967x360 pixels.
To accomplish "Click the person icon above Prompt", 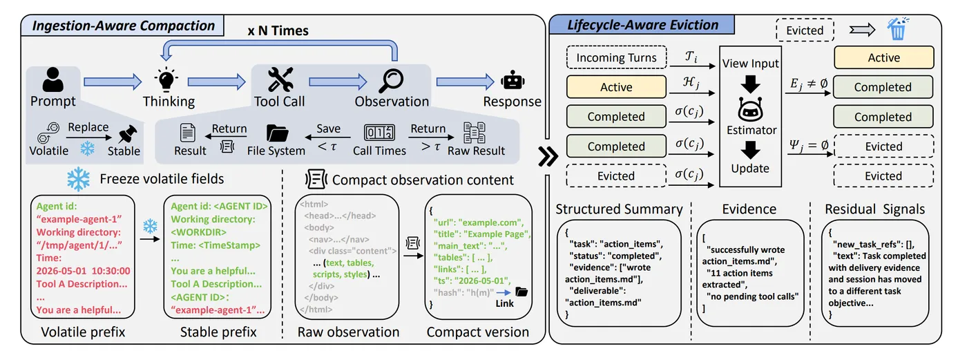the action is point(52,79).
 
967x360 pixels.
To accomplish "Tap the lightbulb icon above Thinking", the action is point(166,79).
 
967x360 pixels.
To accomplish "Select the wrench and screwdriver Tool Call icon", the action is point(280,79).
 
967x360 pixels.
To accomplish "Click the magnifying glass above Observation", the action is point(391,81).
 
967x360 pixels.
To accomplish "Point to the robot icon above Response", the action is point(513,80).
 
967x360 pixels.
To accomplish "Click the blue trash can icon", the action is point(897,29).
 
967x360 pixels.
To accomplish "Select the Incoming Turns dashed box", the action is point(616,57).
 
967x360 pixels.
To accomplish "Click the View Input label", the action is point(750,64).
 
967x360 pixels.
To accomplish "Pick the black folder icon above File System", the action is point(277,133).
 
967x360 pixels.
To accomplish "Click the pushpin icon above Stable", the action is point(127,134).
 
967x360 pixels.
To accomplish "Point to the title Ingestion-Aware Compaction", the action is point(124,26).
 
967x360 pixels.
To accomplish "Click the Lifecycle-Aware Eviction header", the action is point(642,25).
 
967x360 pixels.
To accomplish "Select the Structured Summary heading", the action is point(619,209).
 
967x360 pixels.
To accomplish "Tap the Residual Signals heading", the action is point(874,209).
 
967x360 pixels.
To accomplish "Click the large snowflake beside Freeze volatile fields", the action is point(79,179).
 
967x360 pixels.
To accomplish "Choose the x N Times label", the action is point(278,30).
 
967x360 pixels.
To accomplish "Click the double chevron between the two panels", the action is point(548,156).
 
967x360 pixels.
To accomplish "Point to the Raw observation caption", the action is point(348,332).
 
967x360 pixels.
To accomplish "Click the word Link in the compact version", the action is point(505,303).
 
